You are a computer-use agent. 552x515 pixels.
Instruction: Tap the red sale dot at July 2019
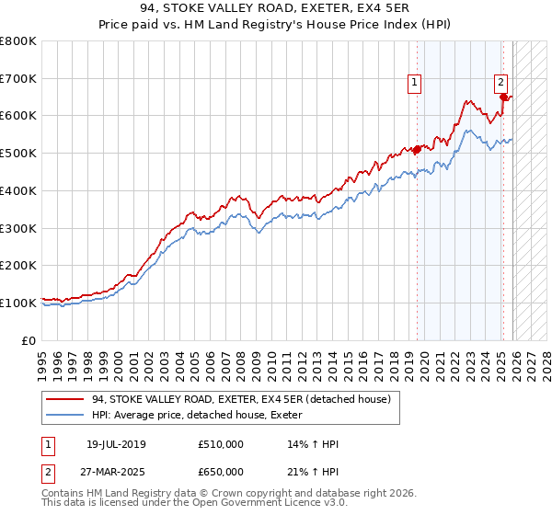tap(417, 149)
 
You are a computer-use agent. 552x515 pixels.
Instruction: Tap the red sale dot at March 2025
tap(503, 97)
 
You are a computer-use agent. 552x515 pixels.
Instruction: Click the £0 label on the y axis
tap(30, 340)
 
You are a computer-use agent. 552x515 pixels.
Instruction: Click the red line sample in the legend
tap(65, 399)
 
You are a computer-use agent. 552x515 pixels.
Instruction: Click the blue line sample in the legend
tap(65, 415)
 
